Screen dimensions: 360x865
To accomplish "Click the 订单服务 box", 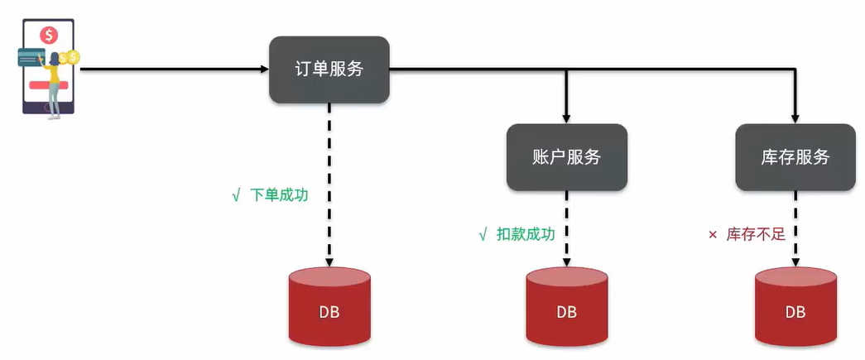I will (x=329, y=70).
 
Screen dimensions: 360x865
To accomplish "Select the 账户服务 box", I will (x=567, y=157).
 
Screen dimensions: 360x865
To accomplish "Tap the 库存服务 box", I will (x=795, y=157).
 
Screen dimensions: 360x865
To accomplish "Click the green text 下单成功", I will (x=278, y=196).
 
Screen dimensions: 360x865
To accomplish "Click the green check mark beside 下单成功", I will (x=236, y=197).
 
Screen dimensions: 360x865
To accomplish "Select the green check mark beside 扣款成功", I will (x=483, y=235).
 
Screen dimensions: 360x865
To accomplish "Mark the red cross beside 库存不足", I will (x=712, y=235).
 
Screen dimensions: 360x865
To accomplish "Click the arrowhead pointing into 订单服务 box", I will (x=263, y=70).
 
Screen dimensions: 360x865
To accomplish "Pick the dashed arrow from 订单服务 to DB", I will (x=329, y=182).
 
